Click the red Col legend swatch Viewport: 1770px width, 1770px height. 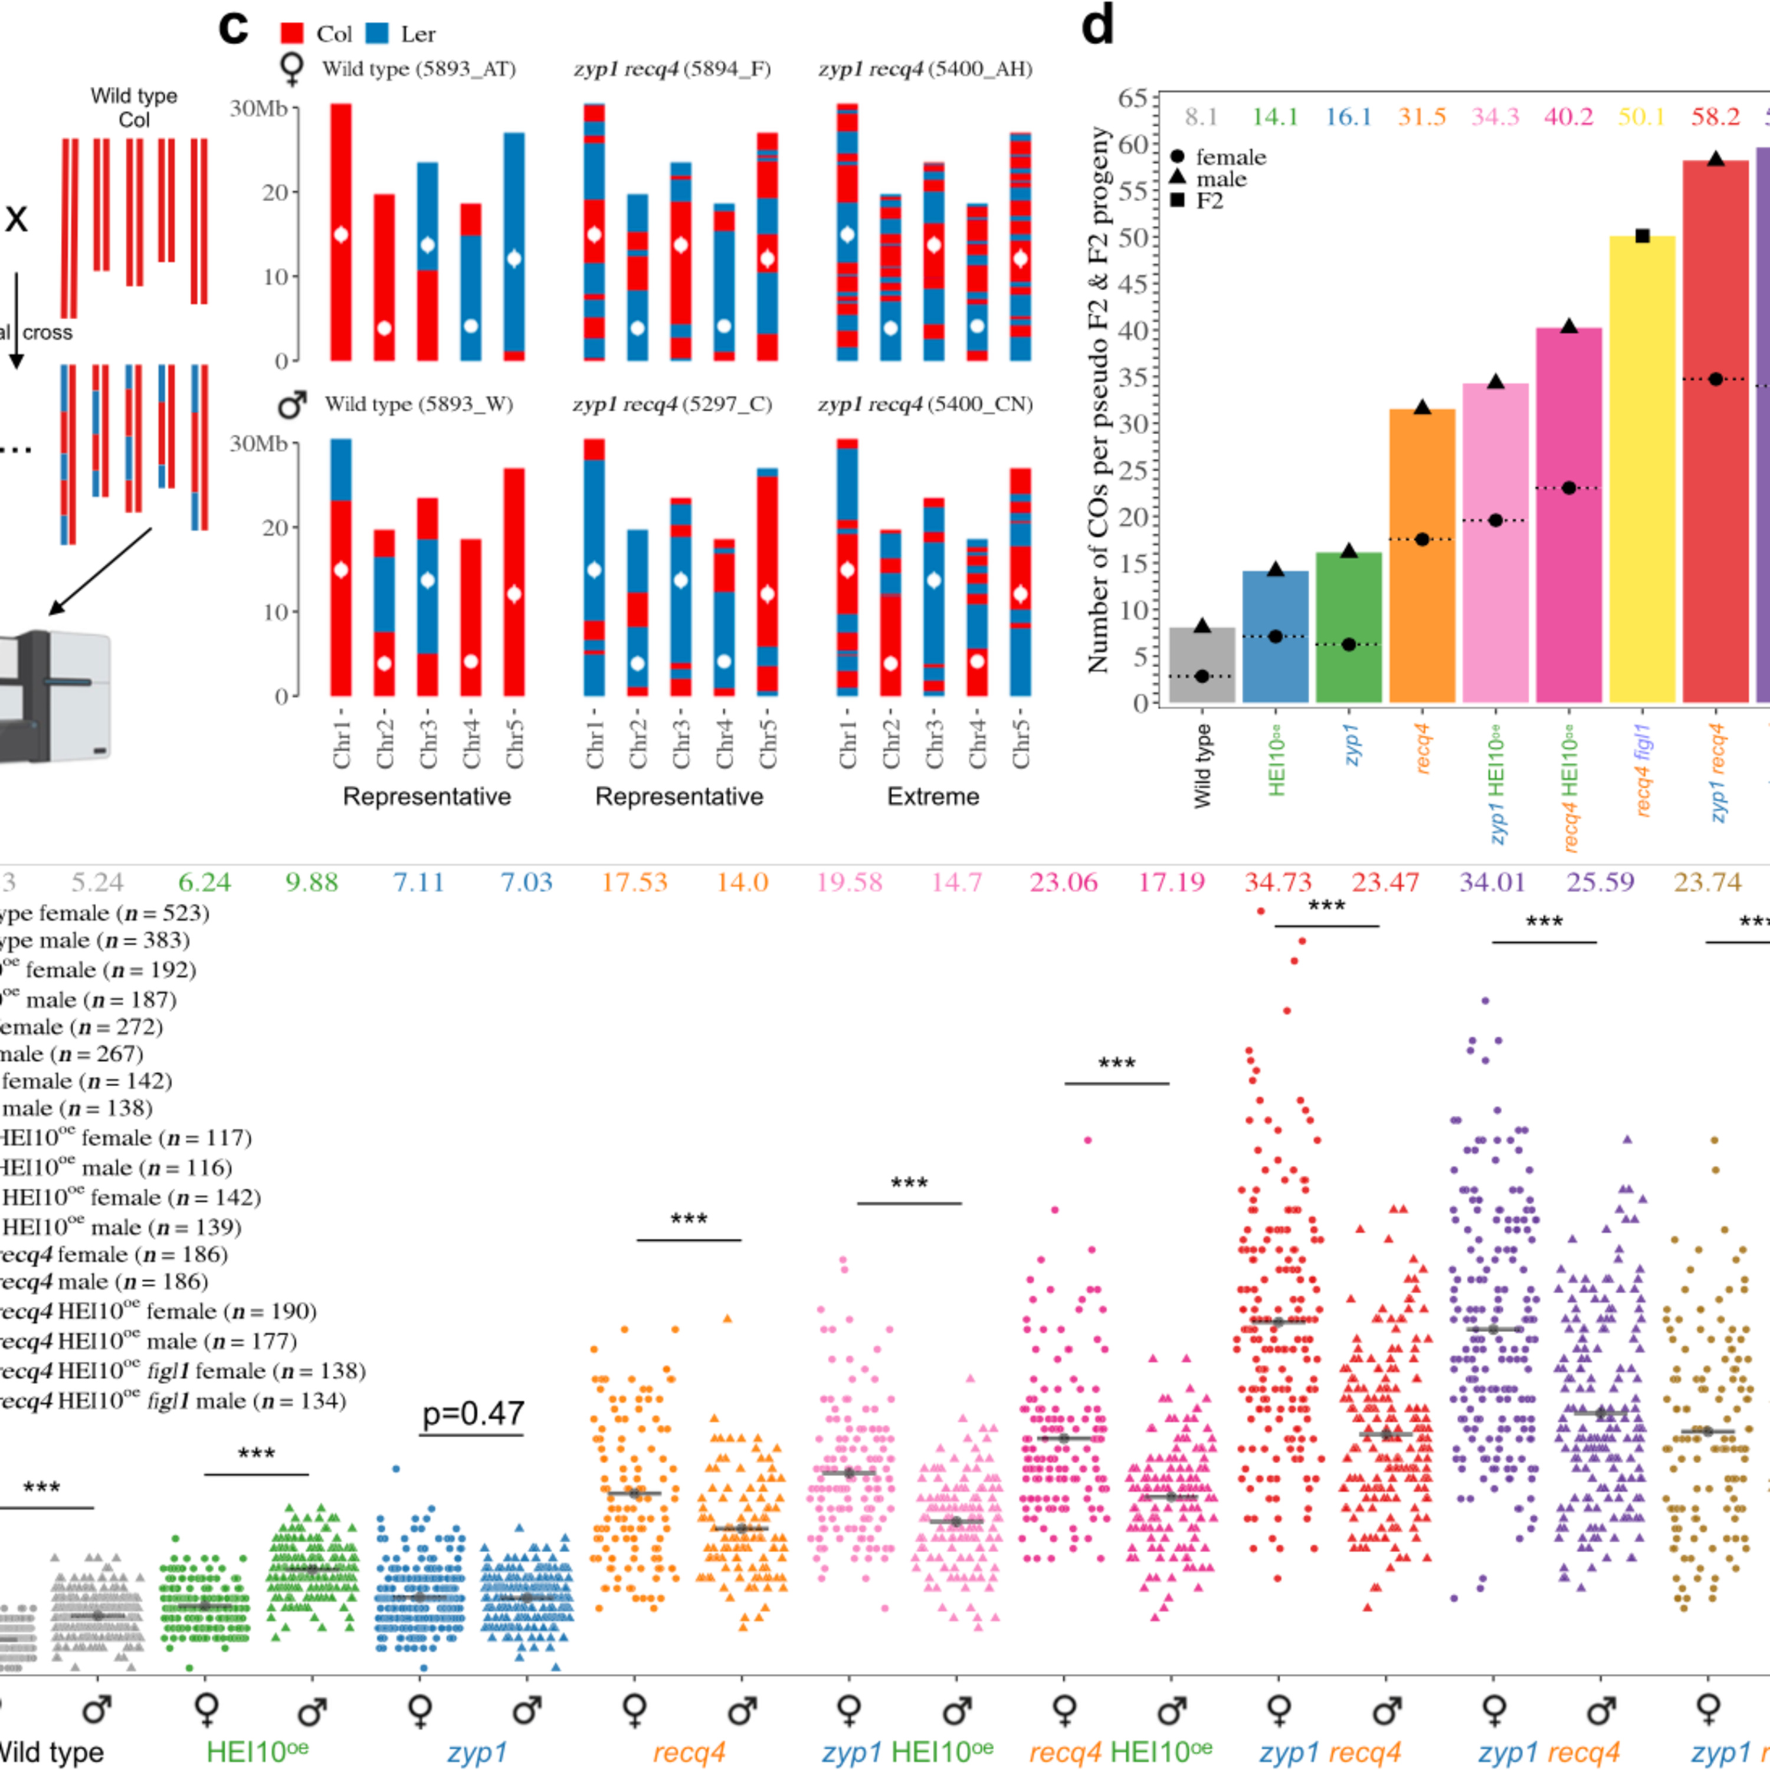pyautogui.click(x=292, y=34)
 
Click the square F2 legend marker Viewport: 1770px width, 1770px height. pyautogui.click(x=1177, y=200)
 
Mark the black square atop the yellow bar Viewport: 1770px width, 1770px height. pyautogui.click(x=1642, y=237)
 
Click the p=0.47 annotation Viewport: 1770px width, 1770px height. pyautogui.click(x=473, y=1414)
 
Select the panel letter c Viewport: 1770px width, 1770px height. pyautogui.click(x=234, y=28)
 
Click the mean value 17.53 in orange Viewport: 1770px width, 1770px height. pyautogui.click(x=635, y=882)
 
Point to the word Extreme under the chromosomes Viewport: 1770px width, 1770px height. pyautogui.click(x=933, y=796)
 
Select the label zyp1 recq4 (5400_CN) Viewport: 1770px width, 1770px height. pyautogui.click(x=925, y=404)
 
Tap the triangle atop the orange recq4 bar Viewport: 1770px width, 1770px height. pyautogui.click(x=1422, y=407)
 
